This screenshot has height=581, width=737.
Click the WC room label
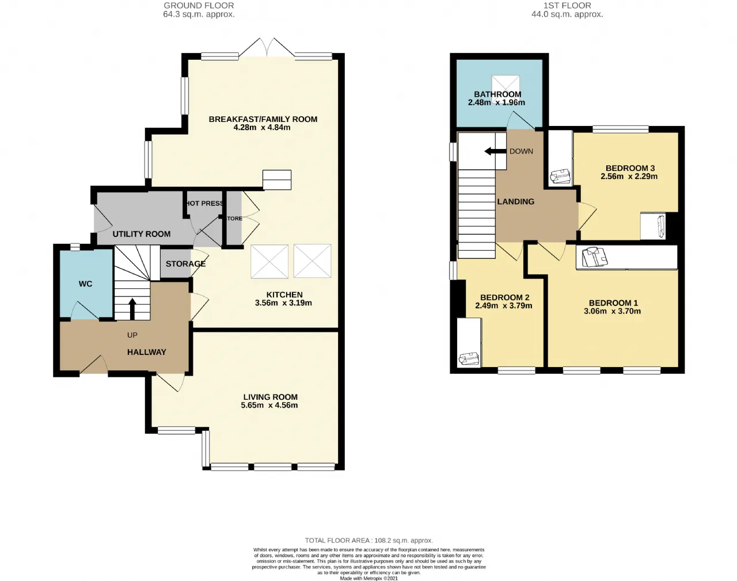point(85,284)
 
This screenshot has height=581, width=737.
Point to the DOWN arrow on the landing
point(495,151)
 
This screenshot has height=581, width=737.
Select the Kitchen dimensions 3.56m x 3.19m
point(283,303)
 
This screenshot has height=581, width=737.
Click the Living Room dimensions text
point(269,406)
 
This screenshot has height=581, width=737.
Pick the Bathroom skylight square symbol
point(506,89)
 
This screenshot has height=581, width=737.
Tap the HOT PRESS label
point(204,203)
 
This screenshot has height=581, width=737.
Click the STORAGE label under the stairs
point(185,264)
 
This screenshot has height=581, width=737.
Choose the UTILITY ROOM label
point(142,234)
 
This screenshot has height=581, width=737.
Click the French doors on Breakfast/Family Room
point(267,47)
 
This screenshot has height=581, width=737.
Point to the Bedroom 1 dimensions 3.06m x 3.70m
point(612,311)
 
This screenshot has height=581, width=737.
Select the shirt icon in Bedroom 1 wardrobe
point(595,257)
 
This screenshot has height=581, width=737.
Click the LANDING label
point(516,202)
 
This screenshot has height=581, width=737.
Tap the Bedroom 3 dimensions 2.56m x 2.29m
point(629,177)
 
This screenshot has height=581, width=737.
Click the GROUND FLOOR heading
point(199,6)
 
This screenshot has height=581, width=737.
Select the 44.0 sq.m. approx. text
point(567,14)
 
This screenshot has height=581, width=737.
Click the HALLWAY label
point(147,352)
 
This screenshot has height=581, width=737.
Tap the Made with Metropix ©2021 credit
point(369,578)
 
